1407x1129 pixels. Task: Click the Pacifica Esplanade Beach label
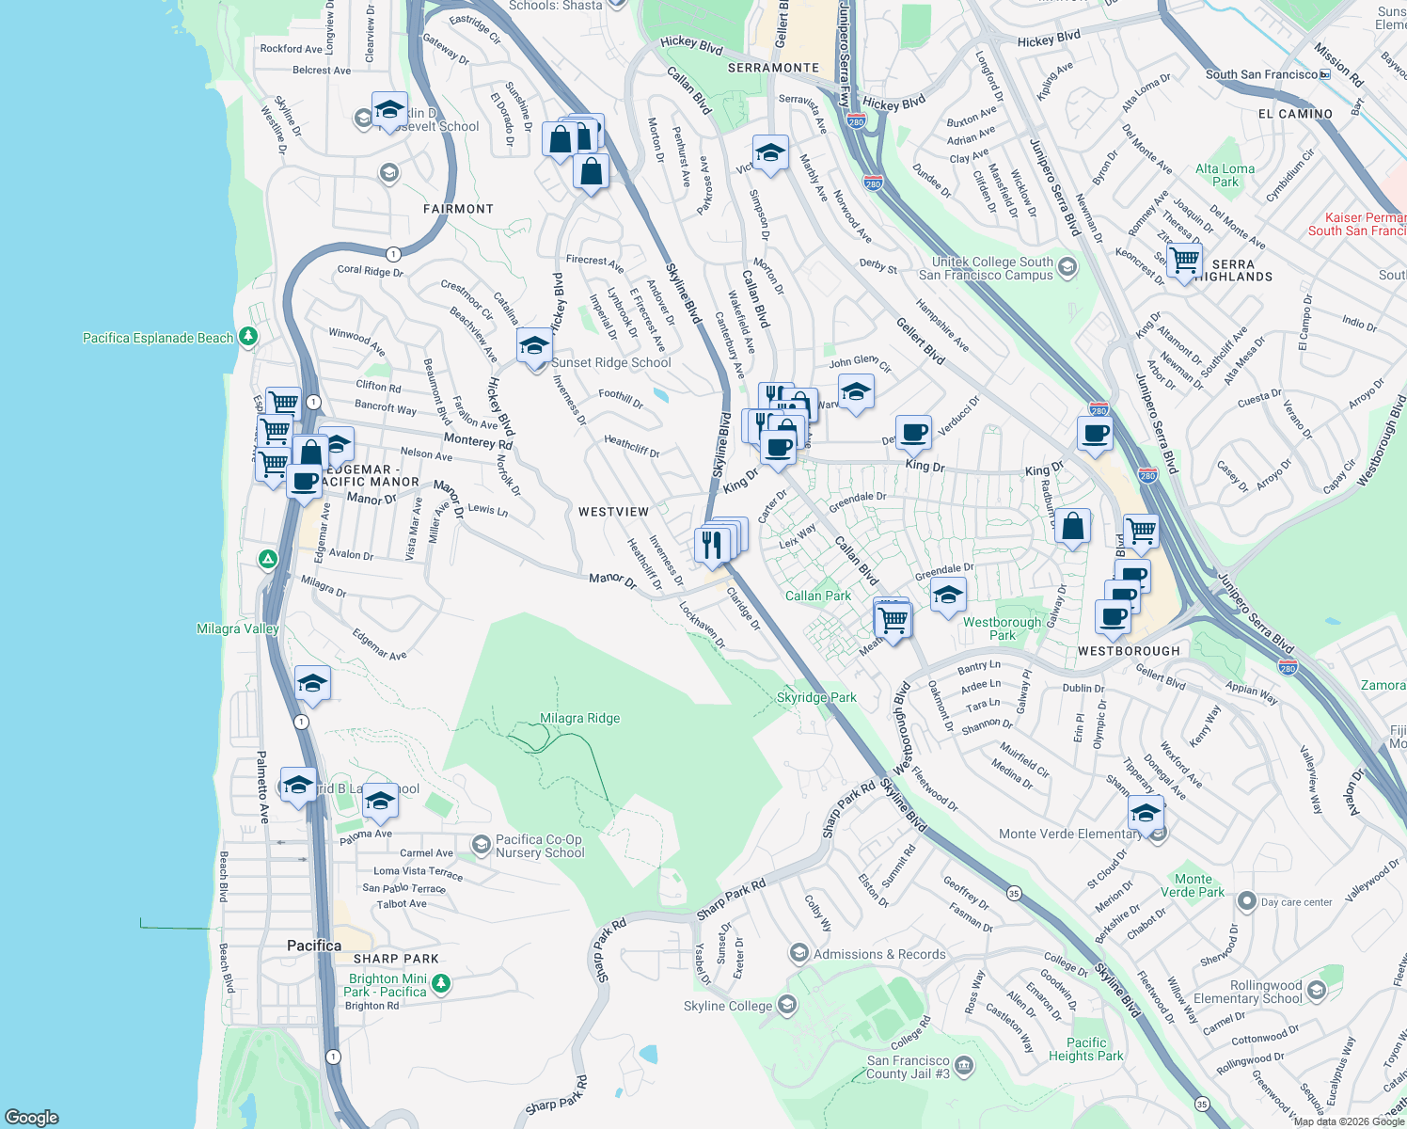click(x=158, y=338)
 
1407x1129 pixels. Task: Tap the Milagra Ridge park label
click(x=579, y=718)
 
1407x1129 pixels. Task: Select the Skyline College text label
click(x=728, y=1006)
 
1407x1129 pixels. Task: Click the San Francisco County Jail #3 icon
click(x=964, y=1067)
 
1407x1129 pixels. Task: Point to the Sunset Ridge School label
click(x=611, y=362)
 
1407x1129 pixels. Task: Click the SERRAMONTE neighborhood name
click(x=773, y=68)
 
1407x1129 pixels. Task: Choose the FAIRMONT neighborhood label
click(x=458, y=209)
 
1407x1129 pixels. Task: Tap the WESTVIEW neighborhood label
click(x=613, y=512)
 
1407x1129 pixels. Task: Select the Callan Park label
click(x=817, y=596)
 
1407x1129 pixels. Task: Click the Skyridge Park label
click(x=816, y=697)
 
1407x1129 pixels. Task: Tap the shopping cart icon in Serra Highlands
click(x=1184, y=258)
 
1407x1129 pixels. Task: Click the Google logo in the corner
click(x=32, y=1117)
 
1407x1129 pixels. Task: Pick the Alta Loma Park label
click(x=1225, y=175)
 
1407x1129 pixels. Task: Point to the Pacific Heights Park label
click(x=1086, y=1049)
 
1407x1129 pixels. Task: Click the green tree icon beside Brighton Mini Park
click(x=441, y=984)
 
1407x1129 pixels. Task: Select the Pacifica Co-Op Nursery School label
click(x=540, y=846)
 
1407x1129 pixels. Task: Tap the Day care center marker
click(x=1246, y=901)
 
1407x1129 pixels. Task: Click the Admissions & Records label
click(x=879, y=954)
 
